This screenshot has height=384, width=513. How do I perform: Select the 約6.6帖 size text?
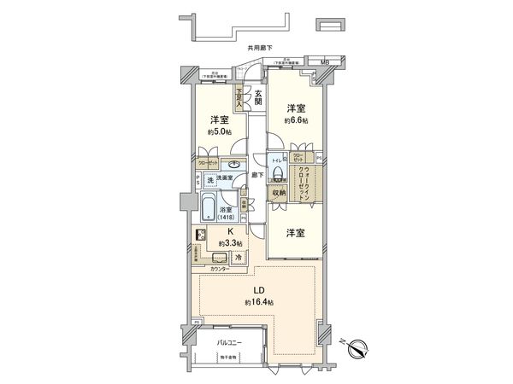pos(295,120)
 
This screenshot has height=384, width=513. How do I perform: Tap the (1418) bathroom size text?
pos(228,218)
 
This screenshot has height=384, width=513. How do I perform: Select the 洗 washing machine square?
pos(209,180)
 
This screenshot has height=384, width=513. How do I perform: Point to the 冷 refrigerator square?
pos(239,258)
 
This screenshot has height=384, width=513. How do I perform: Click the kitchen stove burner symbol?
pos(202,236)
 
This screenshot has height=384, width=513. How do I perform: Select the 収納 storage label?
pos(280,194)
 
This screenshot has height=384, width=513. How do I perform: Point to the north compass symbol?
pos(363,349)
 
